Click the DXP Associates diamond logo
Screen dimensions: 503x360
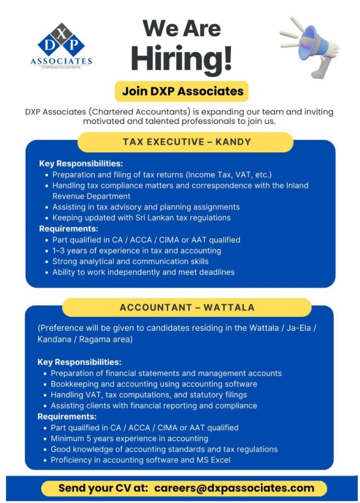tap(61, 41)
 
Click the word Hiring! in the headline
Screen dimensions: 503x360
tap(181, 57)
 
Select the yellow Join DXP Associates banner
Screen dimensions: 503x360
tap(183, 91)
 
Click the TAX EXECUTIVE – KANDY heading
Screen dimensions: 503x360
tap(187, 142)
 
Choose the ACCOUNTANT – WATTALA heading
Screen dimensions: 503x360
tap(187, 307)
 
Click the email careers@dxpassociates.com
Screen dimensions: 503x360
tap(234, 488)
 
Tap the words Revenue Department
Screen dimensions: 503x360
tap(91, 196)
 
